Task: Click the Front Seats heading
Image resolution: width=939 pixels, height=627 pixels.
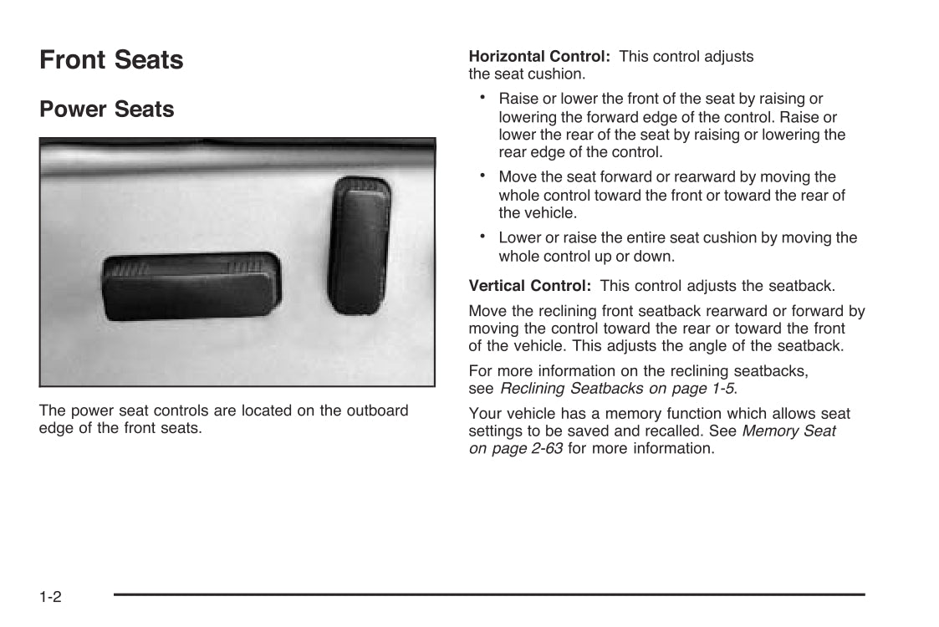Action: pos(111,60)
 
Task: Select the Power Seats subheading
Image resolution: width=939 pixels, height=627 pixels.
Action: pos(107,110)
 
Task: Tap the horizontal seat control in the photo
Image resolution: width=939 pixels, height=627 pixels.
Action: pos(191,286)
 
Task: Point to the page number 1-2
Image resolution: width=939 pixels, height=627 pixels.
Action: pos(50,597)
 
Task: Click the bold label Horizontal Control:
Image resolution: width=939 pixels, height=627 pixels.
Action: pos(539,57)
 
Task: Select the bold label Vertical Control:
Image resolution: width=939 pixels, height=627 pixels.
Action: pos(530,286)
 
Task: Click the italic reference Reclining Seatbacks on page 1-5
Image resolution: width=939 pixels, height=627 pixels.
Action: pos(617,388)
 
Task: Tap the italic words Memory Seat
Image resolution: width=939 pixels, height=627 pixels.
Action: pos(788,431)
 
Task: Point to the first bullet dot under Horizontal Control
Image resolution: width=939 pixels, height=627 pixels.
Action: pos(483,97)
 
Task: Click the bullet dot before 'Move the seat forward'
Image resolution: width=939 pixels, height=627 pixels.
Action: pos(483,175)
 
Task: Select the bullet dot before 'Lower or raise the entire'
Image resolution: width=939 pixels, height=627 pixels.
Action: pos(483,236)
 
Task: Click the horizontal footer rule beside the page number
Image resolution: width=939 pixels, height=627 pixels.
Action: pos(489,594)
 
